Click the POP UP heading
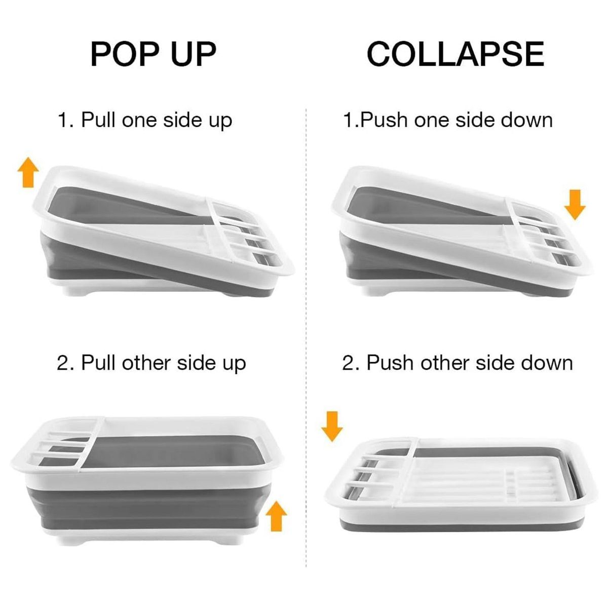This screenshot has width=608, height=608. (154, 54)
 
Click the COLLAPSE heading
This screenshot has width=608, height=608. (455, 54)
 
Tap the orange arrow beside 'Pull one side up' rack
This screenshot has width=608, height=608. (28, 172)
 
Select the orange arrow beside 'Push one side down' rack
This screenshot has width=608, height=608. (575, 205)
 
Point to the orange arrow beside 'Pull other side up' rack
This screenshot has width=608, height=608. (277, 516)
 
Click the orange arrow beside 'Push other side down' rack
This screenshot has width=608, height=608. (332, 426)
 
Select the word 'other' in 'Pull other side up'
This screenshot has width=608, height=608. (146, 363)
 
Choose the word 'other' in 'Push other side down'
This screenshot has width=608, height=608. (444, 363)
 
